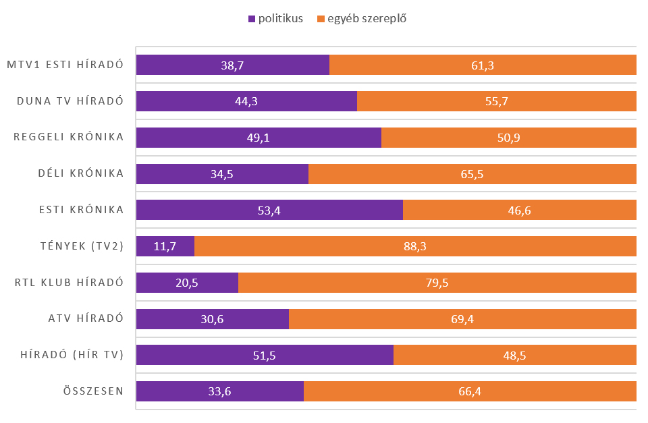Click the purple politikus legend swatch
pos(252,19)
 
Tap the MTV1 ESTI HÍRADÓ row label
pos(65,65)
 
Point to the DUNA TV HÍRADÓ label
pos(70,101)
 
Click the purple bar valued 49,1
pos(259,138)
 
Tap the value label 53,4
pos(269,210)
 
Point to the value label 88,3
pos(415,247)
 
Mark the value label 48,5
pos(514,356)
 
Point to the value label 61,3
pos(483,65)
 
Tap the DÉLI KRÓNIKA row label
pos(81,173)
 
